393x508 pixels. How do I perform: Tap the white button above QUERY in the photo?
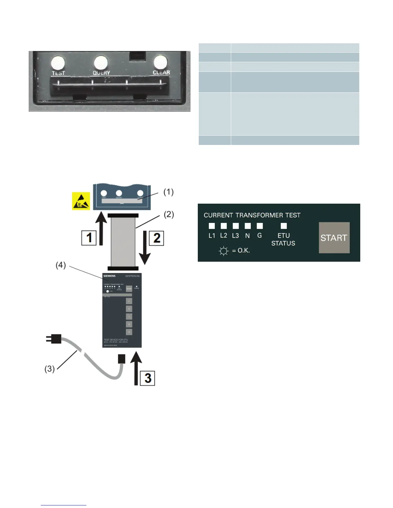[101, 62]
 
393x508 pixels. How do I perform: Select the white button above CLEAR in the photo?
[161, 62]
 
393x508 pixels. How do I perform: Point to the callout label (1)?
[169, 192]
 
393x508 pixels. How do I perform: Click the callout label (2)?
[169, 214]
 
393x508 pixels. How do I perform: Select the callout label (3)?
[49, 369]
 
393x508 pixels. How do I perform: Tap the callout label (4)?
[61, 265]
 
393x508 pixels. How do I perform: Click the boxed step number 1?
[89, 238]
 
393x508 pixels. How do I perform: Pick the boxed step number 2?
[156, 238]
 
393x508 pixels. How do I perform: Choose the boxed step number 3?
[148, 378]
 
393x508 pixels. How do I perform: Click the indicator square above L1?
[212, 226]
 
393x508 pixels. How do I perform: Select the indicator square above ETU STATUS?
[284, 226]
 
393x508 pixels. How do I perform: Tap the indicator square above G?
[260, 226]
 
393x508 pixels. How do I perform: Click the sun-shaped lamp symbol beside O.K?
[223, 251]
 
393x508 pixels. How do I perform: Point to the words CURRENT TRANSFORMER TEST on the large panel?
[252, 215]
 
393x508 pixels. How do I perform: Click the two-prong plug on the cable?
[54, 339]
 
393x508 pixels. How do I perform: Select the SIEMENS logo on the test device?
[109, 276]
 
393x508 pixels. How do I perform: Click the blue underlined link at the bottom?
[64, 505]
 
